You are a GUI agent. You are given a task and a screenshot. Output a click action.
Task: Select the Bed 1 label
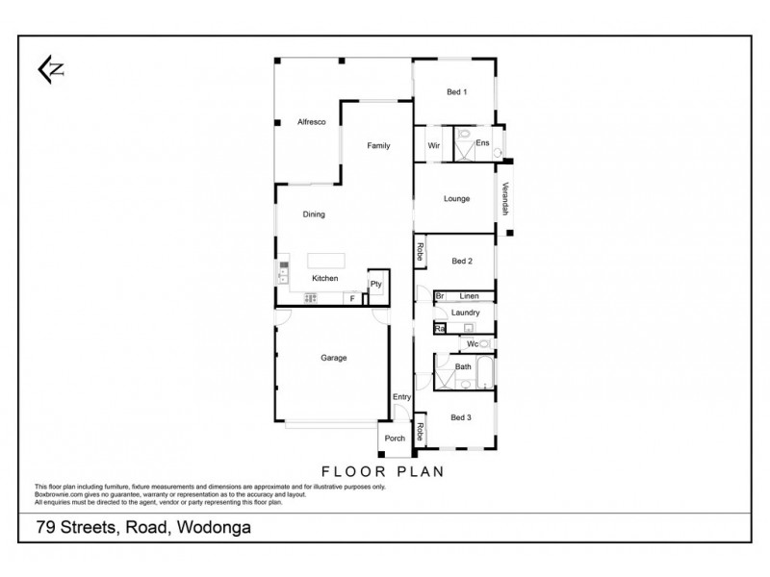click(456, 92)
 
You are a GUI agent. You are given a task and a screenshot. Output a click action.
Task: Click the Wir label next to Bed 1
click(433, 145)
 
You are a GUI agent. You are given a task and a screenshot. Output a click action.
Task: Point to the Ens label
click(482, 143)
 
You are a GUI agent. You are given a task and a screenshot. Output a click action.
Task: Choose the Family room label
click(377, 145)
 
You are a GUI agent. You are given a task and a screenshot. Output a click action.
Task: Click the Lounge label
click(456, 199)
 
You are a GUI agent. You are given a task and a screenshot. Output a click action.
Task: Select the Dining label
click(314, 214)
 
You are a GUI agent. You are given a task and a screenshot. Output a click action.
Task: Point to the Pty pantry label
click(375, 285)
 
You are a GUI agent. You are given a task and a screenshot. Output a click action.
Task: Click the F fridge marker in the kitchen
click(352, 299)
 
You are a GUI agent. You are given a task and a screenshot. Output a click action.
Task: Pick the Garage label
click(333, 358)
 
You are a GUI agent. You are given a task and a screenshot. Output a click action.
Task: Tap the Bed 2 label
click(461, 261)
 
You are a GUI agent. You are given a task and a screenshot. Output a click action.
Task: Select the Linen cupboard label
click(469, 296)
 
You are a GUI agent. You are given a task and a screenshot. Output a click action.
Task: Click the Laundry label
click(465, 313)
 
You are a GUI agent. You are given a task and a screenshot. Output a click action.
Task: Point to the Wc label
click(472, 343)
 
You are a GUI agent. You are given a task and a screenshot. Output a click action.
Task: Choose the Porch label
click(395, 439)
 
